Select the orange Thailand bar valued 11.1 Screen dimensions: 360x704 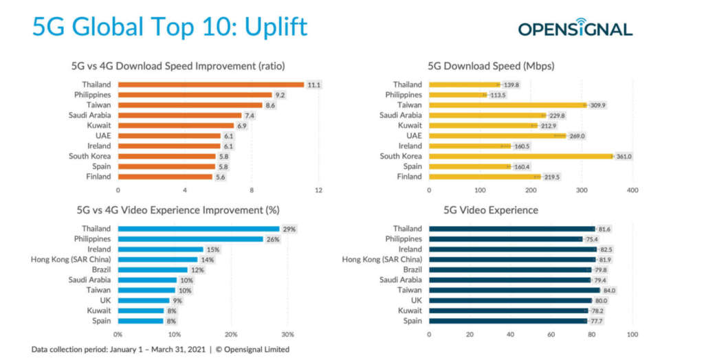tap(210, 85)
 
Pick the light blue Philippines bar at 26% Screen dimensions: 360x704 tap(190, 239)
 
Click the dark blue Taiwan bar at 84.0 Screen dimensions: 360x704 tap(514, 291)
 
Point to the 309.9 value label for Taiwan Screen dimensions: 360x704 tap(598, 105)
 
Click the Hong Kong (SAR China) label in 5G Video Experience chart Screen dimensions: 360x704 tap(382, 260)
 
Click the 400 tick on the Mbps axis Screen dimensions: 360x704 tap(632, 190)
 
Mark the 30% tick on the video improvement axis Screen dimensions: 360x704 tap(288, 335)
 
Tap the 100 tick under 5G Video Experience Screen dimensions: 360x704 tap(632, 335)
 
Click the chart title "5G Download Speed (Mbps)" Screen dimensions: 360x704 tap(491, 67)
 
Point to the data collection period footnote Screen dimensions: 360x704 tap(160, 350)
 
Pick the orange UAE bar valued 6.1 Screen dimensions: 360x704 tap(169, 136)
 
